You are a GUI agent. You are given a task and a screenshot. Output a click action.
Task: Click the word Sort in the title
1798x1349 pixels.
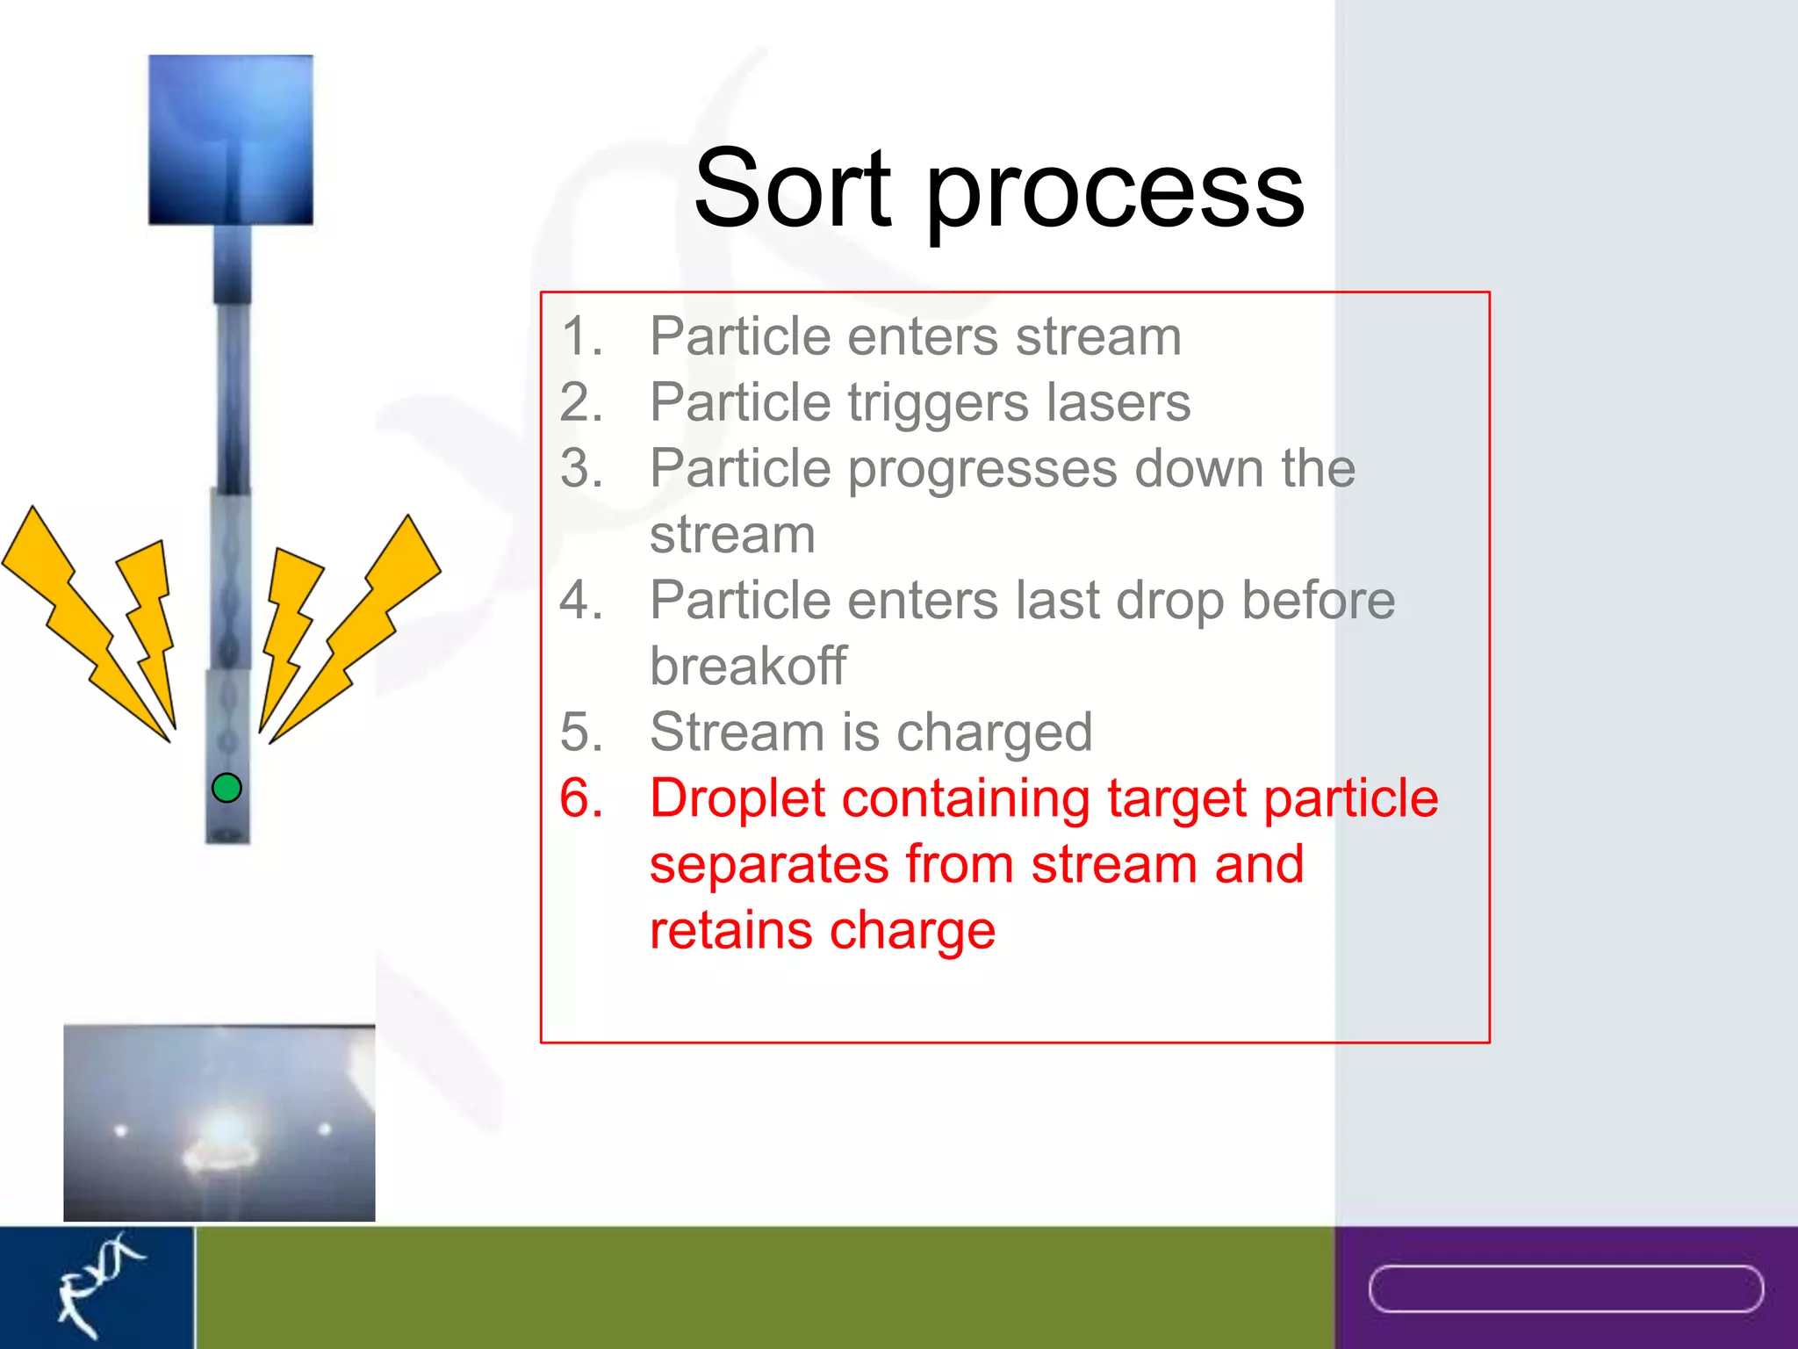[x=792, y=189]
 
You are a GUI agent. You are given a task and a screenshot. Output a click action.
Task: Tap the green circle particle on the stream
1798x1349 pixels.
[x=227, y=788]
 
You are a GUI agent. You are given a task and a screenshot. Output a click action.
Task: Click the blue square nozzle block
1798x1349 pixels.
[x=230, y=139]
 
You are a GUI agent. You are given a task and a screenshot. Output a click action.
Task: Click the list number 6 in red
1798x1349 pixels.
[x=581, y=799]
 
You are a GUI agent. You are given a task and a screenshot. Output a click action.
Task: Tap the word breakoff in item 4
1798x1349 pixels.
[x=748, y=666]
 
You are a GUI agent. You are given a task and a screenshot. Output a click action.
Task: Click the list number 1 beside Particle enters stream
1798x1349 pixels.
[x=581, y=336]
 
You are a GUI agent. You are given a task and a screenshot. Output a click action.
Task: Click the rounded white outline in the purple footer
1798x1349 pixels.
[x=1565, y=1288]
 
